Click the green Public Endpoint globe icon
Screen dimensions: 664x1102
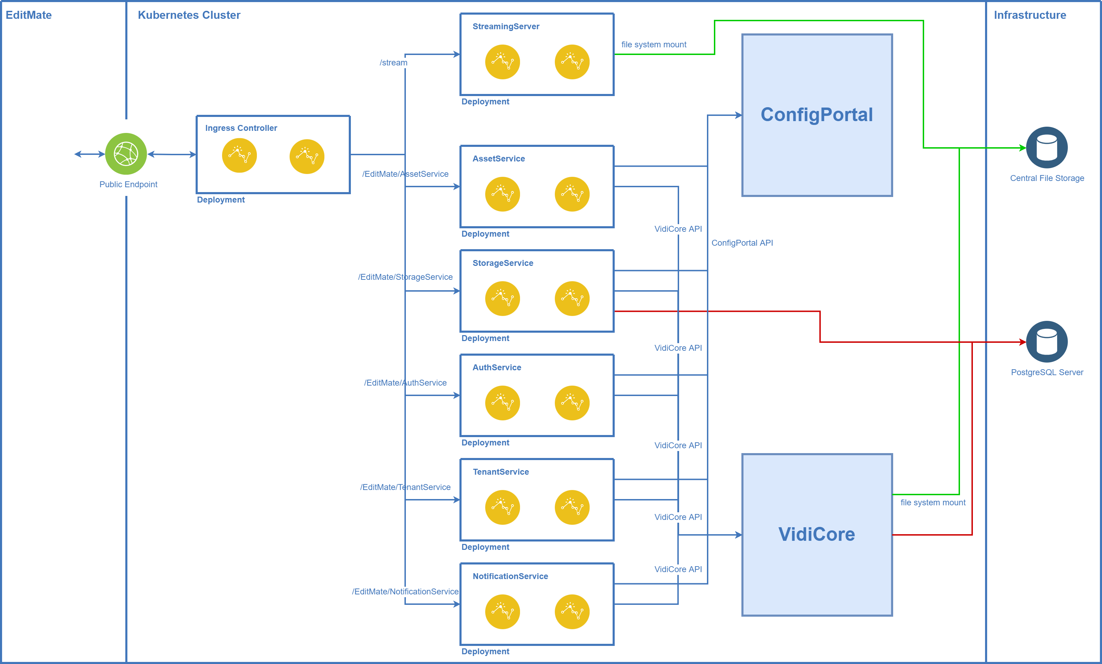point(126,154)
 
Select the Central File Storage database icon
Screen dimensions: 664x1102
point(1047,148)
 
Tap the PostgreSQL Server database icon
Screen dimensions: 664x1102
point(1047,342)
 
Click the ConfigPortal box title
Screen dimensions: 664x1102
point(817,114)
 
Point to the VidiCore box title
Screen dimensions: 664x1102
point(817,534)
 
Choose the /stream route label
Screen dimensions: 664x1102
point(394,63)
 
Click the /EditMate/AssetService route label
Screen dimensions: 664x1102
point(405,174)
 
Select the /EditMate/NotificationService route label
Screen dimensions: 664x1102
point(405,592)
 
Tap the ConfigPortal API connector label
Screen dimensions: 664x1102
point(742,243)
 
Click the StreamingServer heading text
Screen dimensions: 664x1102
point(506,26)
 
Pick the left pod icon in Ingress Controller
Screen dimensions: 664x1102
point(239,156)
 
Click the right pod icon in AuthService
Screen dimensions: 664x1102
point(572,403)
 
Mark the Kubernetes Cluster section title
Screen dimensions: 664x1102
point(189,15)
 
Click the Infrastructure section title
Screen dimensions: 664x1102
point(1030,15)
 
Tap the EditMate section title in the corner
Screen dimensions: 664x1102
point(29,15)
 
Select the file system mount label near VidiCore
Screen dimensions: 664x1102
point(933,503)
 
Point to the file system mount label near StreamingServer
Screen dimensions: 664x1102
point(653,45)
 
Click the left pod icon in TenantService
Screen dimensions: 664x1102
point(502,507)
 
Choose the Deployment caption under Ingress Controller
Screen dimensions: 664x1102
point(220,200)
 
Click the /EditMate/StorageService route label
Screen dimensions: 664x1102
point(405,277)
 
